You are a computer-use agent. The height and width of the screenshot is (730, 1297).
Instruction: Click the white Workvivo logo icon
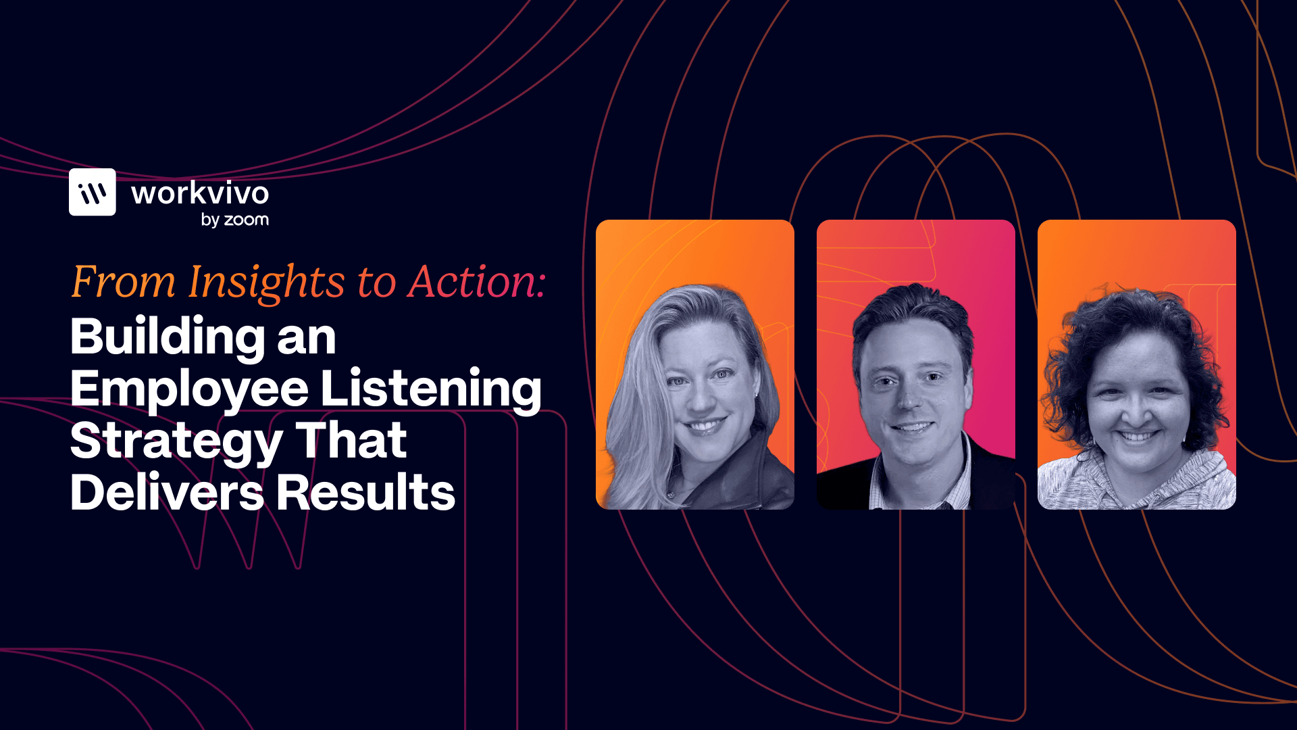click(93, 192)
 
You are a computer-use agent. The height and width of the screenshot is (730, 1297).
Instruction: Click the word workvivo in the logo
click(200, 193)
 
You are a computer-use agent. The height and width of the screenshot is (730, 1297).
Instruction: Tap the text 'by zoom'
click(235, 220)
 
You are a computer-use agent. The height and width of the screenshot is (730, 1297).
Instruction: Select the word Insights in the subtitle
click(267, 281)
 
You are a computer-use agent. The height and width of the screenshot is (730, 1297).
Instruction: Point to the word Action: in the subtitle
click(477, 281)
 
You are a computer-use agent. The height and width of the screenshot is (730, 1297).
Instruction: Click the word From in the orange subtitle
click(123, 281)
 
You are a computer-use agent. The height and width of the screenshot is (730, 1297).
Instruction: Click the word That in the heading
click(351, 440)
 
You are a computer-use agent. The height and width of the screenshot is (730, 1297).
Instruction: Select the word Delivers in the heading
click(167, 492)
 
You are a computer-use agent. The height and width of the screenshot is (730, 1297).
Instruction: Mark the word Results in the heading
click(365, 492)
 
